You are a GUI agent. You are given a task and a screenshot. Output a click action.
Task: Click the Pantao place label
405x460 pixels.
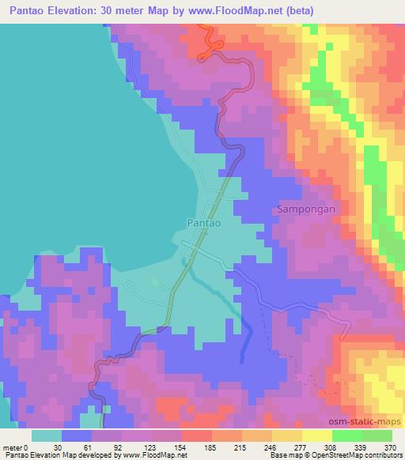tap(203, 224)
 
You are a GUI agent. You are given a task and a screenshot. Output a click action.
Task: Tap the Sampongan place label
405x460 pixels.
tap(307, 209)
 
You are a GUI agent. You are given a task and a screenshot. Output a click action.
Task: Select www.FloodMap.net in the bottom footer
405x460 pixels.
tap(152, 455)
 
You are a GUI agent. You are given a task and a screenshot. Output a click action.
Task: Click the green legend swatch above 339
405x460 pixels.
tap(347, 435)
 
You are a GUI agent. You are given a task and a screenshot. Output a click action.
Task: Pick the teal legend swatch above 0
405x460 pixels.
tap(47, 435)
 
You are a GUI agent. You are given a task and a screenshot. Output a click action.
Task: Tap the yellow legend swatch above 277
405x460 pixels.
tap(317, 435)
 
